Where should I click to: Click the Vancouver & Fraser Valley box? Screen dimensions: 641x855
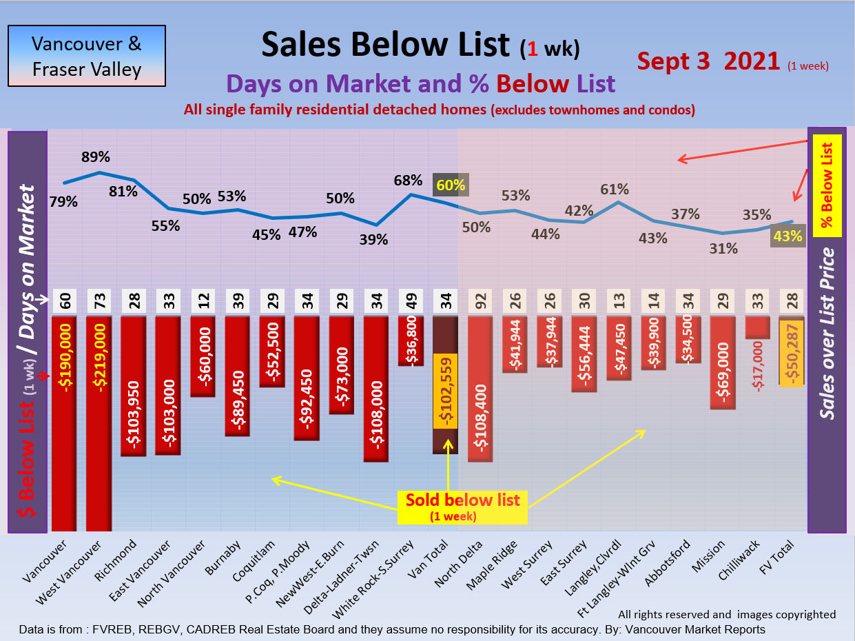tap(87, 56)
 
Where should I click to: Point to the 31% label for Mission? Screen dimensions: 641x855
tap(723, 249)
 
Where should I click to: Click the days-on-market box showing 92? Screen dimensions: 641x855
tap(480, 301)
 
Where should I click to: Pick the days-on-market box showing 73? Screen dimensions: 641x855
tap(99, 301)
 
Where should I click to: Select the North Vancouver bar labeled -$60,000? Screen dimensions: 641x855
tap(203, 356)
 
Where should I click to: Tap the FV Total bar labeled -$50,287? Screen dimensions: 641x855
tap(792, 352)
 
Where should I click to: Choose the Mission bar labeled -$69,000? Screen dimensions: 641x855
tap(723, 363)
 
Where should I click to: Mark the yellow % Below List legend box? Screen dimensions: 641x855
tap(827, 185)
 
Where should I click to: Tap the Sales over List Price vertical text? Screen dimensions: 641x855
tap(827, 334)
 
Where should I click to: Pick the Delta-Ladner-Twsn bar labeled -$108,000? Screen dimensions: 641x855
tap(375, 389)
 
